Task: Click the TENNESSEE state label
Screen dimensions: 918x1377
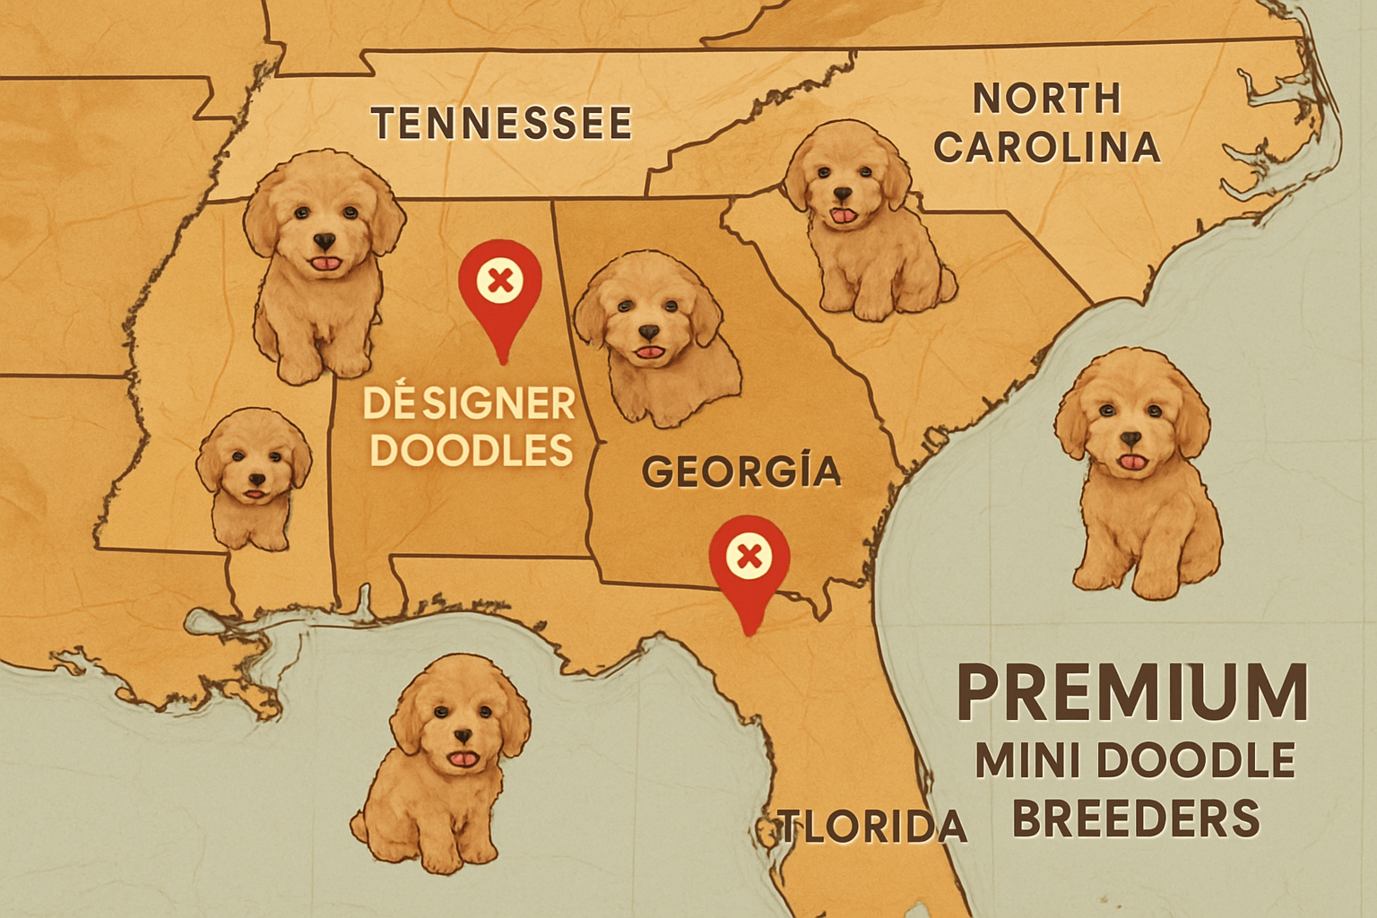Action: point(501,124)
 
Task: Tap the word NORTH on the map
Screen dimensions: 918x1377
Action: point(1047,99)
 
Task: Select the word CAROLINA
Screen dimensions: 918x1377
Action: point(1047,148)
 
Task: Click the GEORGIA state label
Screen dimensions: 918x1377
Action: point(741,472)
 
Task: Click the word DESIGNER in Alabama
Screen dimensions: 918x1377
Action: point(469,404)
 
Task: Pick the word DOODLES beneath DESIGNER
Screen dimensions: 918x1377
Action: point(471,450)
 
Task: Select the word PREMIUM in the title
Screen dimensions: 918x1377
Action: point(1132,693)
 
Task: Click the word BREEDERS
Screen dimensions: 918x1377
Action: point(1136,819)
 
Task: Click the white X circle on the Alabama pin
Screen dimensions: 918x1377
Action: point(500,281)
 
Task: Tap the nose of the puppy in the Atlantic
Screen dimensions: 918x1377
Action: point(1131,439)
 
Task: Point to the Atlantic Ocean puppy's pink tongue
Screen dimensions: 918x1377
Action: point(1133,462)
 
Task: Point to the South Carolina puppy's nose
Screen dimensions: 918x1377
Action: point(842,194)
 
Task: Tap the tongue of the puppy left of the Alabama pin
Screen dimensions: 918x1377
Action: point(325,263)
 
